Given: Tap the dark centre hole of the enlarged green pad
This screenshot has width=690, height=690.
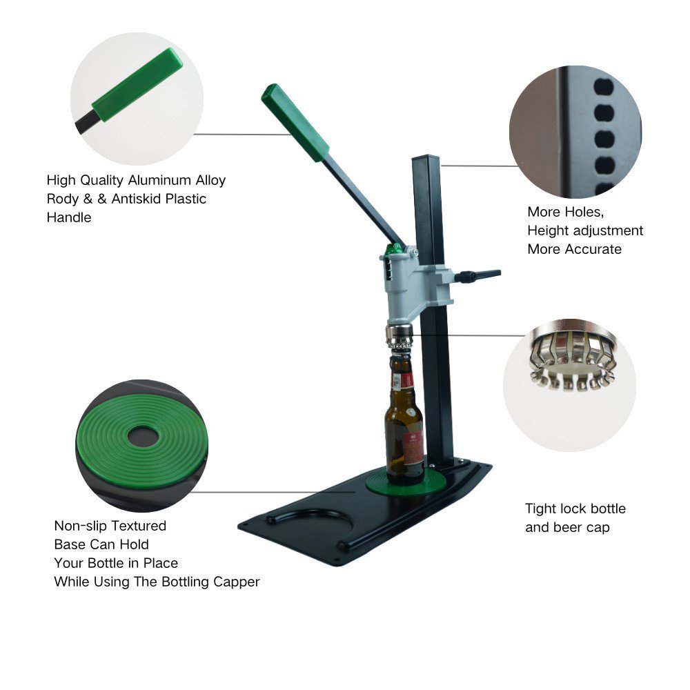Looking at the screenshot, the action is pyautogui.click(x=143, y=437).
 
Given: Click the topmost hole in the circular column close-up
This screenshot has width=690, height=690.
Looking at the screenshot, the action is pyautogui.click(x=604, y=87).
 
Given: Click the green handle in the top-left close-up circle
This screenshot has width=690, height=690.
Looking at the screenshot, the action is pyautogui.click(x=137, y=84).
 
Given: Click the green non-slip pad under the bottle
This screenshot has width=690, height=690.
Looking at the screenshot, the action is pyautogui.click(x=406, y=484).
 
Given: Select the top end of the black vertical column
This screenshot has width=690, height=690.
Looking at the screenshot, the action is pyautogui.click(x=426, y=157).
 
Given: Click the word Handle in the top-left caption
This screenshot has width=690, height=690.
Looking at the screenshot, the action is pyautogui.click(x=69, y=217).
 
